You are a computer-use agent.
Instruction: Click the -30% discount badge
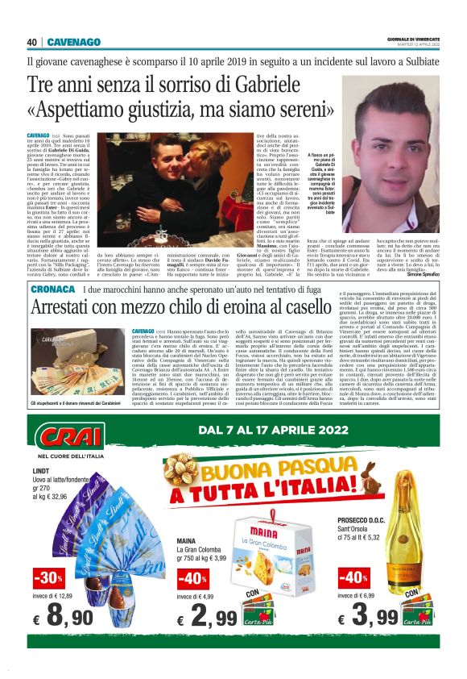pyautogui.click(x=48, y=578)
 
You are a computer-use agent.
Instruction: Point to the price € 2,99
pyautogui.click(x=209, y=619)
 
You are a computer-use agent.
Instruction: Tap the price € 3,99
pyautogui.click(x=366, y=619)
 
